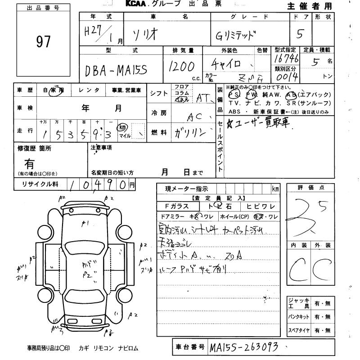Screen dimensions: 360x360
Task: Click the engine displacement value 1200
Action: coord(181,67)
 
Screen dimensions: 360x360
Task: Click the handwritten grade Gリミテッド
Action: coord(237,35)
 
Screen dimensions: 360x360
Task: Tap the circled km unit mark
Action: coord(122,128)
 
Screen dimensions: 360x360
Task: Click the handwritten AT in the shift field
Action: coord(204,98)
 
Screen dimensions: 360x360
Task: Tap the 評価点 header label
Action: coord(310,188)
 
